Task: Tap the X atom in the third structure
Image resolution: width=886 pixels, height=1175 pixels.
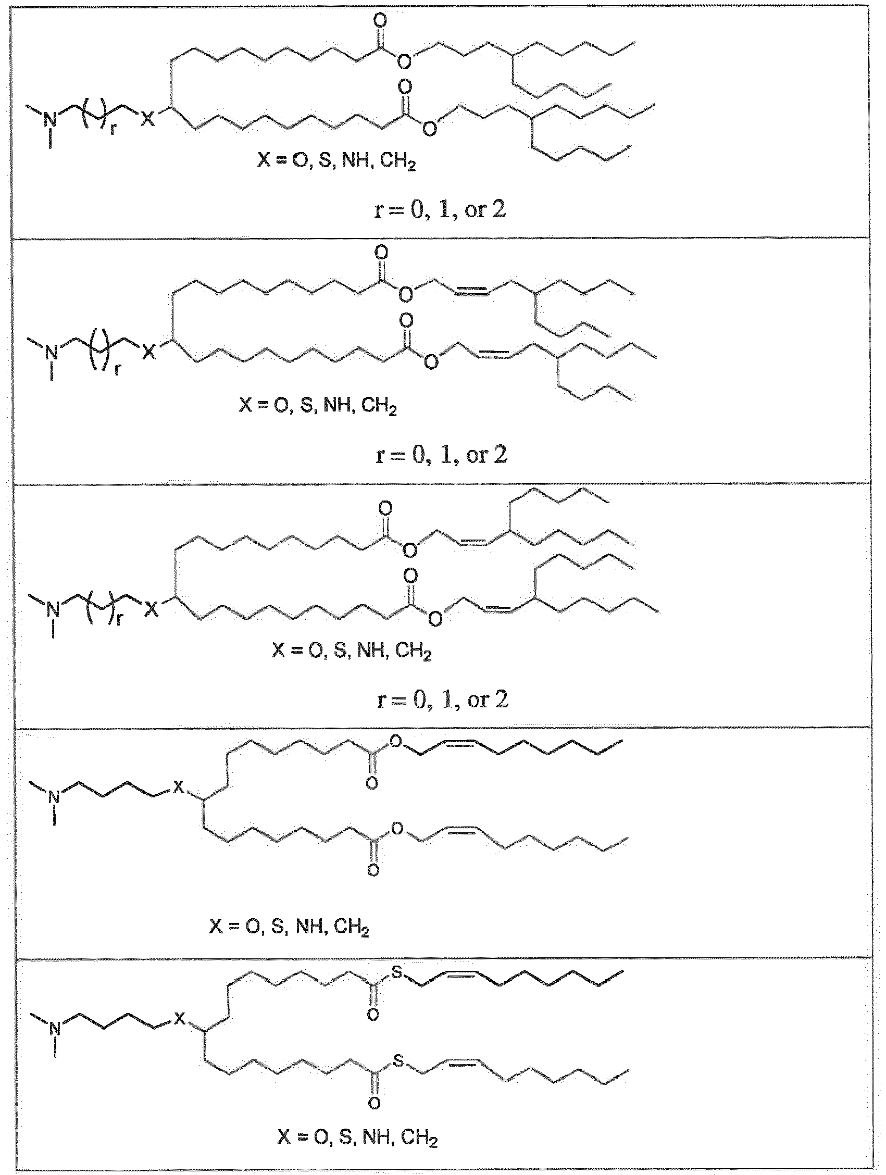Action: click(151, 609)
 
